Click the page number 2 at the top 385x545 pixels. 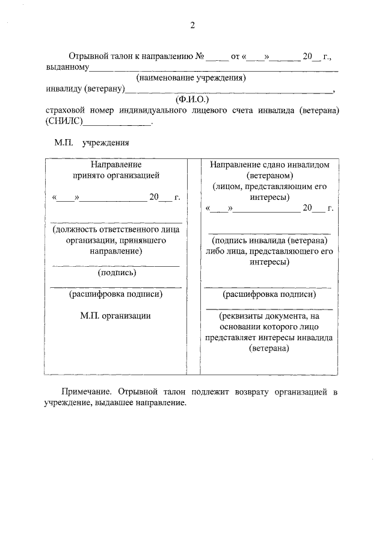[192, 25]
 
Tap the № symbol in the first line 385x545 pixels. [199, 57]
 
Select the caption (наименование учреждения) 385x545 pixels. [192, 78]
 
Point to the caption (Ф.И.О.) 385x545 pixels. [192, 100]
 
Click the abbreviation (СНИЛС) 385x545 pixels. [64, 122]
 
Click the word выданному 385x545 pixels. [68, 67]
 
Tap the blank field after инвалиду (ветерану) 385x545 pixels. [229, 90]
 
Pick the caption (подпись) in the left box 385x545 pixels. [116, 273]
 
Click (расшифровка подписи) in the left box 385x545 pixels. [116, 294]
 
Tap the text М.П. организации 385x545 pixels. [116, 316]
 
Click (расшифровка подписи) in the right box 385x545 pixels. [269, 294]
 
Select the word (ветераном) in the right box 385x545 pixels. [269, 175]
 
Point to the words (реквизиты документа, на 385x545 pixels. [269, 316]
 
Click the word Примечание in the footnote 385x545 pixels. [88, 392]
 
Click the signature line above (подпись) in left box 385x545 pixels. [116, 266]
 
